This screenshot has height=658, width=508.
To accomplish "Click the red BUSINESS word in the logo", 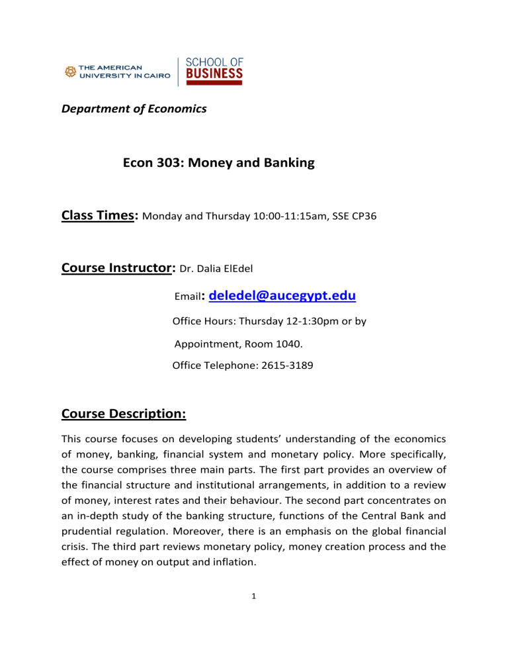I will pos(214,72).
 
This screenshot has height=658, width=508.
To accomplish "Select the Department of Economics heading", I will pos(134,109).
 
